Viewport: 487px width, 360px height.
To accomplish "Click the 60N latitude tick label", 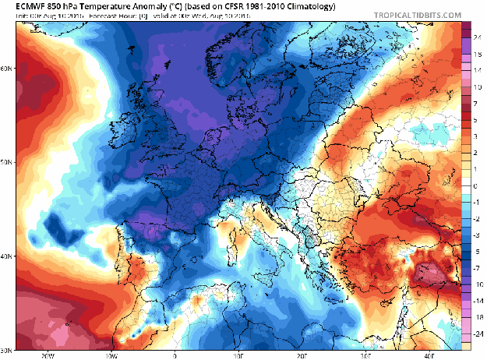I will tap(6, 69).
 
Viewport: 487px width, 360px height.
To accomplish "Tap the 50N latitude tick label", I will tap(6, 163).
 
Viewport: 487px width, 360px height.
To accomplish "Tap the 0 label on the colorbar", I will tap(476, 186).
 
